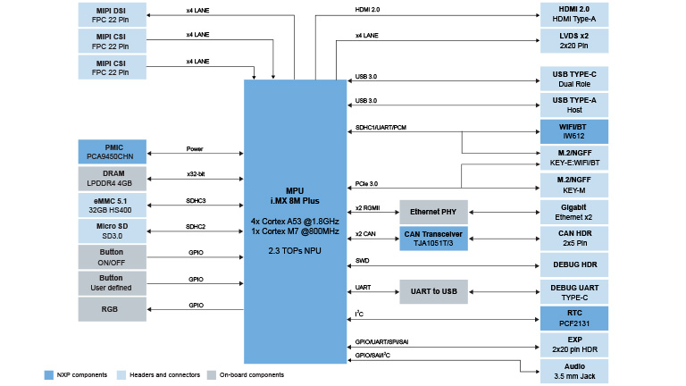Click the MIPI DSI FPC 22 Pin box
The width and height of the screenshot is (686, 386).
(x=112, y=15)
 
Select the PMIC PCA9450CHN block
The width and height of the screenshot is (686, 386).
(x=112, y=150)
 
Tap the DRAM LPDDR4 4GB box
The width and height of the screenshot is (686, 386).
(x=112, y=177)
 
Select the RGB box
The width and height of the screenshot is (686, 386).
(x=112, y=309)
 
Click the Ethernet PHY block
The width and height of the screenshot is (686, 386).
(x=433, y=213)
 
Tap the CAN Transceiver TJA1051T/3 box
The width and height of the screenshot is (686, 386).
(x=433, y=239)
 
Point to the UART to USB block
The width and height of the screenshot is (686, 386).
(x=433, y=291)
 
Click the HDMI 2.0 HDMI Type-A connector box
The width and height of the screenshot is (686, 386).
(x=573, y=15)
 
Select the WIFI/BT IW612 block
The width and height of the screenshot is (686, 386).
(x=573, y=132)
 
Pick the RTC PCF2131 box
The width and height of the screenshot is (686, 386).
(x=573, y=318)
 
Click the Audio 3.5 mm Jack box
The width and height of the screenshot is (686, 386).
(x=573, y=371)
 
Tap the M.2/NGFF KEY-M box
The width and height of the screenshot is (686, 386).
(x=573, y=186)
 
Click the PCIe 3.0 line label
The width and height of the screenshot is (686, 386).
(x=367, y=183)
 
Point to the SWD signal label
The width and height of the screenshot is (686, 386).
(x=362, y=260)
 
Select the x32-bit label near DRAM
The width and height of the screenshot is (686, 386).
(x=197, y=174)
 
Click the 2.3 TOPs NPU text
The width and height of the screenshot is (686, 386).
(x=295, y=251)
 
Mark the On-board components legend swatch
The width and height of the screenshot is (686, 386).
(x=211, y=375)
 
